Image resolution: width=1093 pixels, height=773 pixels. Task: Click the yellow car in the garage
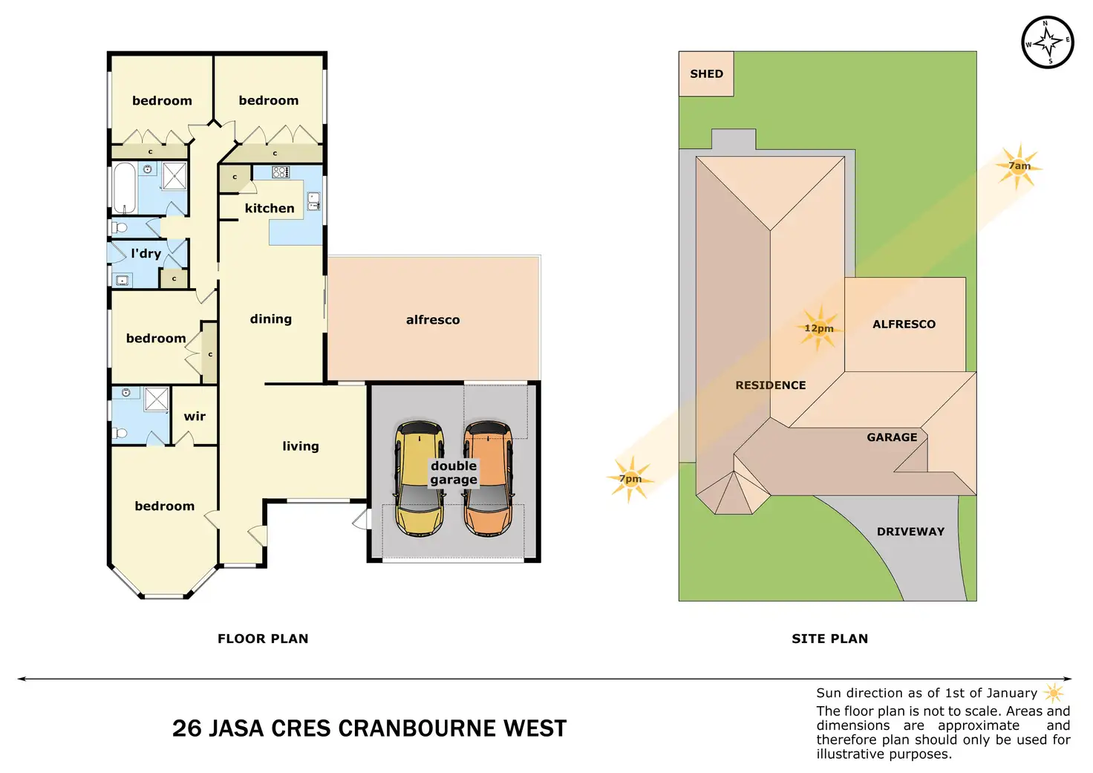tap(420, 478)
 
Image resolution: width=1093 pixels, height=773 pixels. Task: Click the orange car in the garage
tap(489, 478)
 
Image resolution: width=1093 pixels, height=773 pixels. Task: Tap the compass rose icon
tap(1047, 42)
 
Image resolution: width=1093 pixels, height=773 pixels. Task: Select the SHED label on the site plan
tap(706, 74)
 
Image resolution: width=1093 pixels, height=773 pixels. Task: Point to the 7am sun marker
tap(1019, 166)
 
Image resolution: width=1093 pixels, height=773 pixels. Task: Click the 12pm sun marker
tap(819, 328)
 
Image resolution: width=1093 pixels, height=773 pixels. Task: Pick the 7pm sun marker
tap(630, 479)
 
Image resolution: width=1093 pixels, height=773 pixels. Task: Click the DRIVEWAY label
tap(910, 532)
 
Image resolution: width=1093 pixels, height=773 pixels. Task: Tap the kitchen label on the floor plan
tap(270, 209)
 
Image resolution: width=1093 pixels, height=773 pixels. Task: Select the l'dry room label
tap(146, 253)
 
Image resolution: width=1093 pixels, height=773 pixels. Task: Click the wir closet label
tap(195, 417)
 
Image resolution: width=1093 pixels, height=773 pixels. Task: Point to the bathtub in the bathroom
tap(124, 189)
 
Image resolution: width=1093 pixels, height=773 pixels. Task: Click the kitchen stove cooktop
tap(281, 172)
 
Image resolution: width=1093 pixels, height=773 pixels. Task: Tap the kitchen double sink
tap(313, 201)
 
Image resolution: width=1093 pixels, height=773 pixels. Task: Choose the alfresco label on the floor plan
tap(433, 319)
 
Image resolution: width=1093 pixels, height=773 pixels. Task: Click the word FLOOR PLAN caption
tap(263, 639)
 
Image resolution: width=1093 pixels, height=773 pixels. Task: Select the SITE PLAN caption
tap(829, 639)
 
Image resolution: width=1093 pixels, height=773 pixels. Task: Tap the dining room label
tap(271, 319)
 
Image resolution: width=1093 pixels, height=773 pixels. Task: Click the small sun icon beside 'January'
tap(1054, 694)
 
